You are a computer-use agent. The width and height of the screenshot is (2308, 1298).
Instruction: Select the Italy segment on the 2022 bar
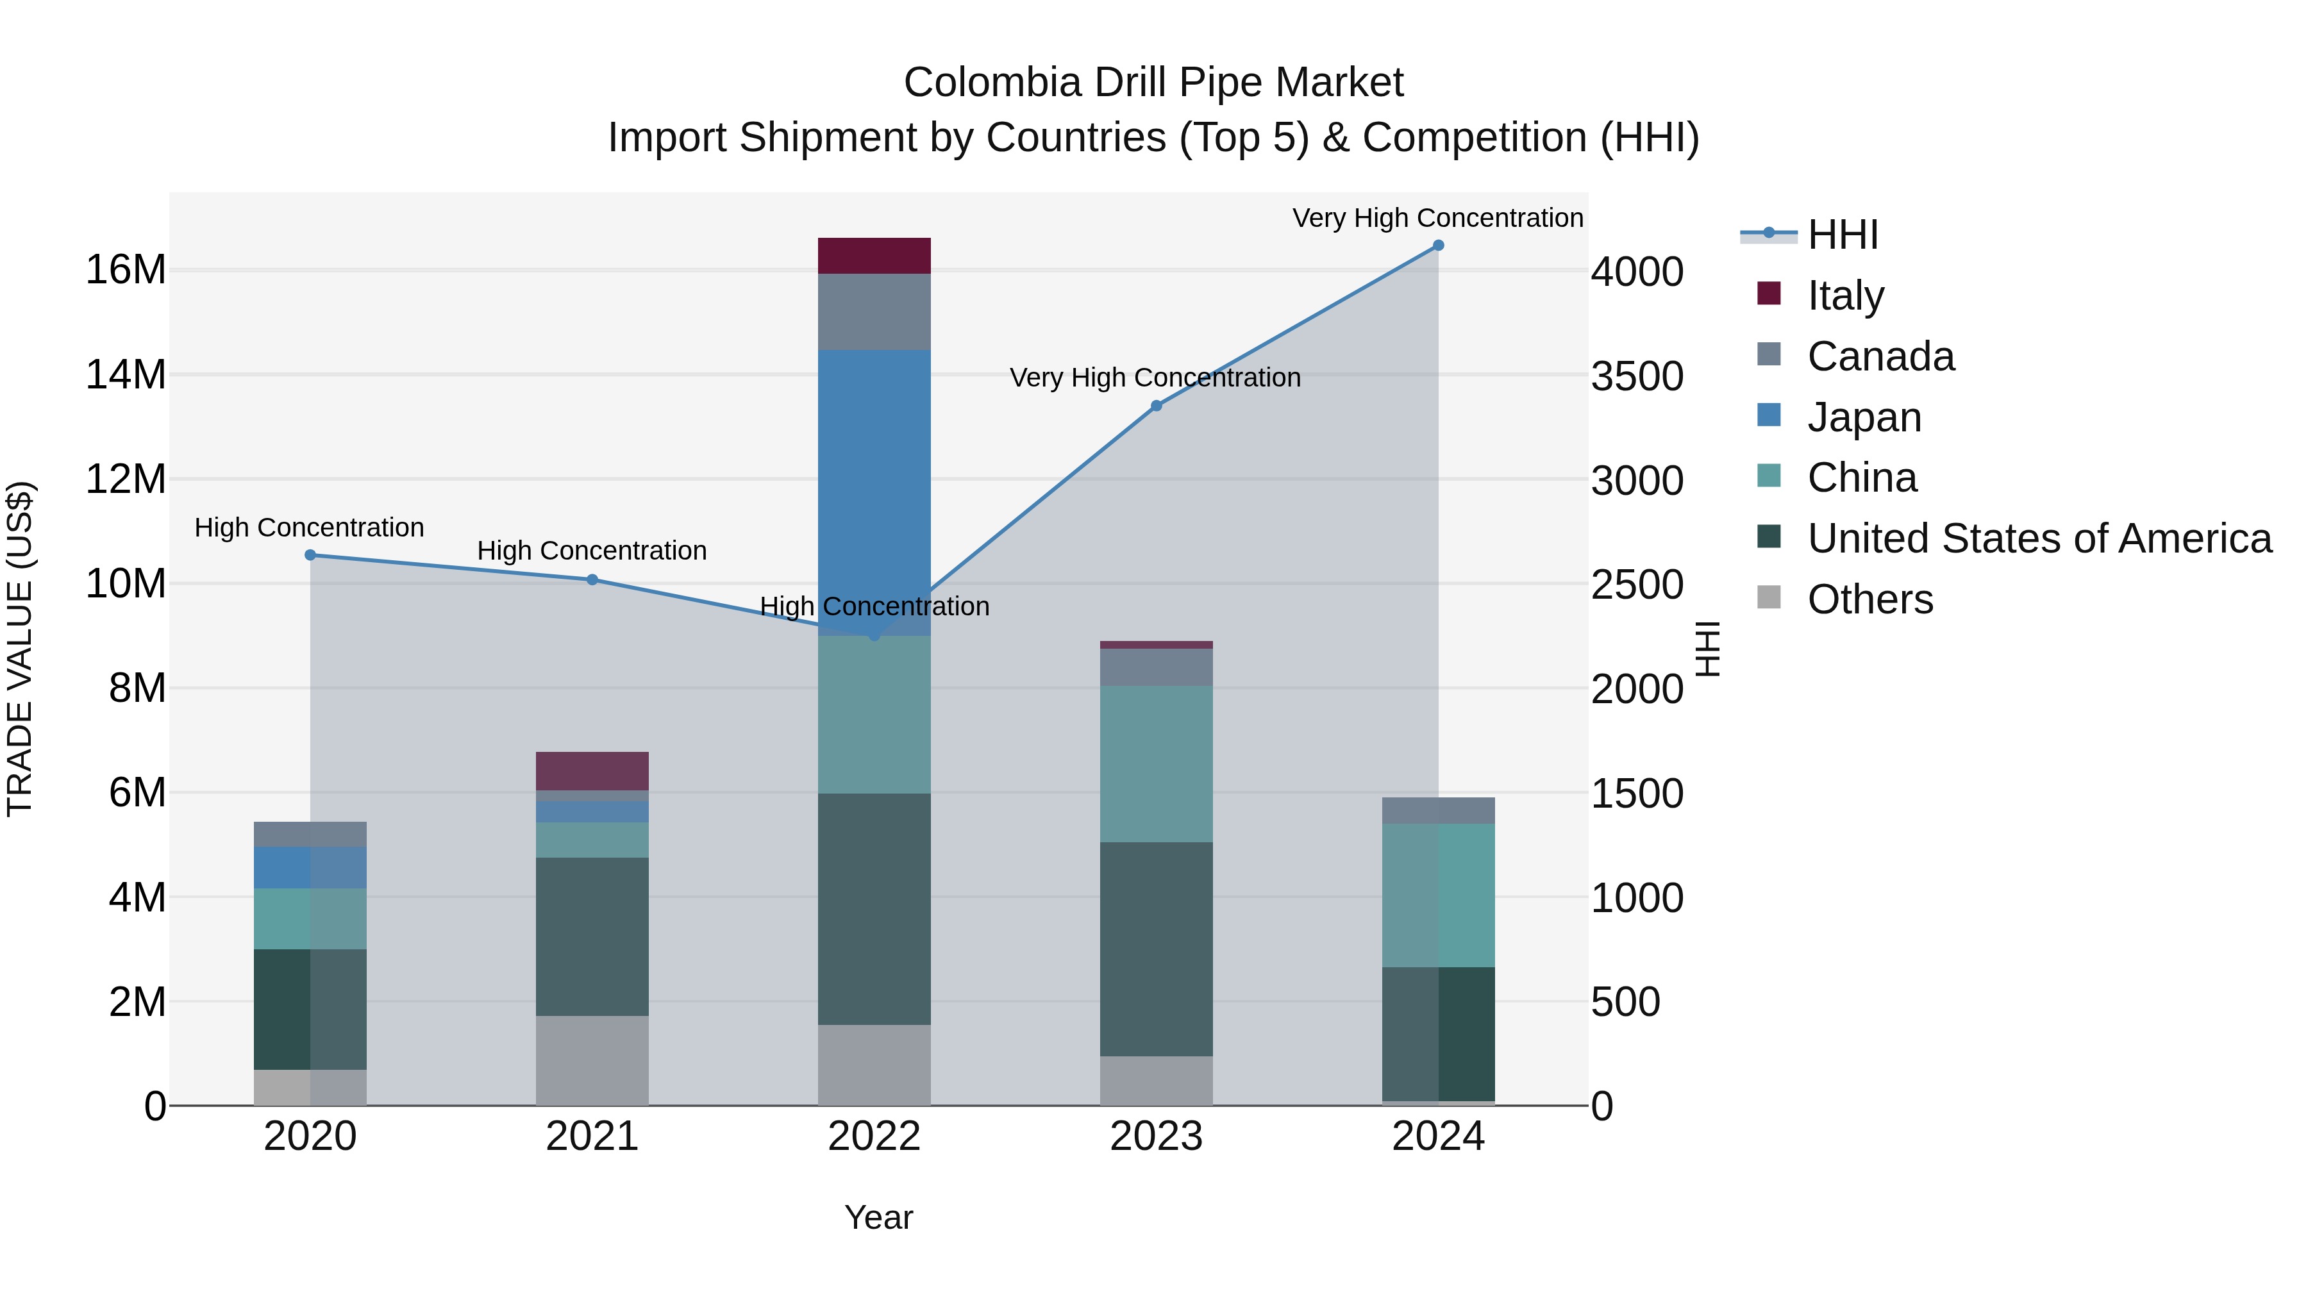pyautogui.click(x=874, y=255)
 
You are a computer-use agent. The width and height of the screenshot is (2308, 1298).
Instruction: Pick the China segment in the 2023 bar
pyautogui.click(x=1156, y=763)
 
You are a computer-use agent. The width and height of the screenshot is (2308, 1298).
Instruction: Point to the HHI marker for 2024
pyautogui.click(x=1438, y=245)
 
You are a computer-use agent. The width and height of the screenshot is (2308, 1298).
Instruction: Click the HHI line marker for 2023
pyautogui.click(x=1156, y=406)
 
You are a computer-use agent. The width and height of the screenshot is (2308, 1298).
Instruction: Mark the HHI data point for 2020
pyautogui.click(x=310, y=555)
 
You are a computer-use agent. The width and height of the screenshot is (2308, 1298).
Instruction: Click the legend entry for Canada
pyautogui.click(x=1880, y=356)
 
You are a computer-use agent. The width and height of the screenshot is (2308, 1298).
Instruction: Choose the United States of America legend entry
pyautogui.click(x=2038, y=538)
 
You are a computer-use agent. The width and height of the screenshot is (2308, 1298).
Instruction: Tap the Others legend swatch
pyautogui.click(x=1769, y=597)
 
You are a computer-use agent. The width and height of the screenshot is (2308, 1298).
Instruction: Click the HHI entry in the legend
pyautogui.click(x=1841, y=235)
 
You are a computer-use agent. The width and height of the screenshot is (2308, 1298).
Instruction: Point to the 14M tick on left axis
pyautogui.click(x=126, y=374)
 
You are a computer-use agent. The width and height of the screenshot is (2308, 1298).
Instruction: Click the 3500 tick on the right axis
pyautogui.click(x=1636, y=376)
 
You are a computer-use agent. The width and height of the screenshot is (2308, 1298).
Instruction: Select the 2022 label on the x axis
pyautogui.click(x=874, y=1136)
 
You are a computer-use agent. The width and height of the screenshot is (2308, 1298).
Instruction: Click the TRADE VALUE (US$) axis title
pyautogui.click(x=20, y=649)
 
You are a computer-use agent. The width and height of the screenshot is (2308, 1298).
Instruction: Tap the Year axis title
pyautogui.click(x=878, y=1217)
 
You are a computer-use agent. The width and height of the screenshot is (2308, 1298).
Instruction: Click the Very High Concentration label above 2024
pyautogui.click(x=1437, y=218)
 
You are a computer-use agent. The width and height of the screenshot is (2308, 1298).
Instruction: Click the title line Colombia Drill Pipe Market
pyautogui.click(x=1153, y=83)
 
